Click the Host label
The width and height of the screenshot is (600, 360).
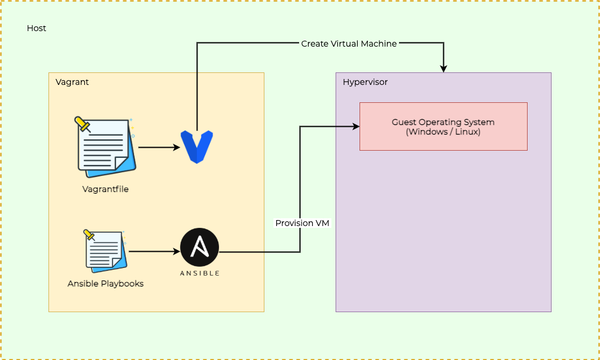(x=36, y=28)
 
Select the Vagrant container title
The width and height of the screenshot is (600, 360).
(x=72, y=82)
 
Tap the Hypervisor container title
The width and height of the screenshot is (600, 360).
(x=365, y=82)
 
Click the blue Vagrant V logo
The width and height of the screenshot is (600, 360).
(x=197, y=147)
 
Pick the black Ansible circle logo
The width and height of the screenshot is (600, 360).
(x=200, y=247)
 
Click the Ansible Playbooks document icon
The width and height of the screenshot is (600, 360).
(x=105, y=251)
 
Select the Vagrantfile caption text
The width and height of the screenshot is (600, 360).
(x=105, y=189)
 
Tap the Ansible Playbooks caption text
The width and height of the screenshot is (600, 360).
(x=105, y=283)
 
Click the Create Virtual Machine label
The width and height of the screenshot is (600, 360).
(x=349, y=44)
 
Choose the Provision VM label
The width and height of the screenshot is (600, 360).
(x=302, y=223)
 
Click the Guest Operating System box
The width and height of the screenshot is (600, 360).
(x=443, y=126)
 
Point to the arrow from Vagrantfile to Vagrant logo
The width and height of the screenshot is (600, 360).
(x=159, y=147)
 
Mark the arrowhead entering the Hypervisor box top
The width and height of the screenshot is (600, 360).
(x=443, y=69)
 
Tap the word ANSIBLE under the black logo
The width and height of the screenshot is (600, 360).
(x=200, y=273)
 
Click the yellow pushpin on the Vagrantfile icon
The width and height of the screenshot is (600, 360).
(x=82, y=124)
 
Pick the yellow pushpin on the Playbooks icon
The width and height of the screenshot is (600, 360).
(x=90, y=234)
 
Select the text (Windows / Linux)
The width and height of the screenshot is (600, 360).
(x=443, y=132)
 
